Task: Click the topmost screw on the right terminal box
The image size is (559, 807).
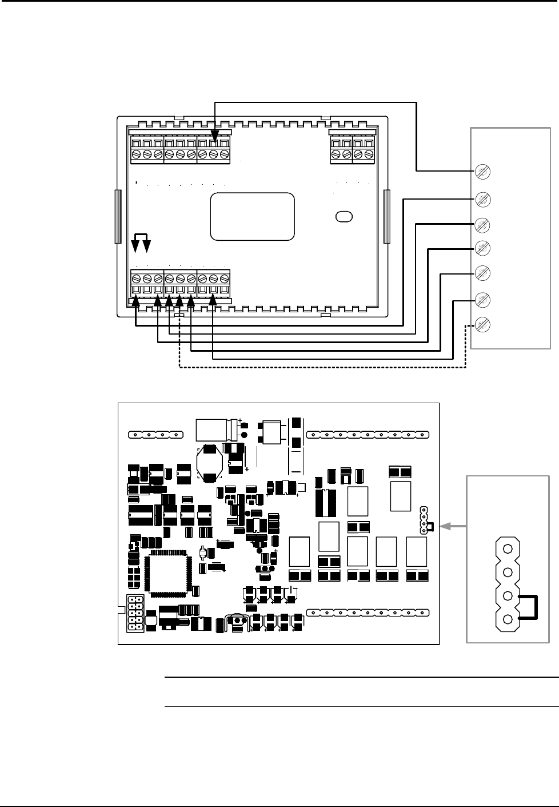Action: pos(483,171)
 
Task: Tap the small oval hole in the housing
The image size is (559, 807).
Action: pos(344,216)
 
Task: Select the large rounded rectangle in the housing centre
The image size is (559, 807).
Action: pos(253,216)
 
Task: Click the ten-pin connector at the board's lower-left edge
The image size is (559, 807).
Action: pos(135,614)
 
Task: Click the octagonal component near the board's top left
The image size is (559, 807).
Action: pos(210,464)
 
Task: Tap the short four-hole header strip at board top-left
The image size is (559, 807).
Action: pos(155,435)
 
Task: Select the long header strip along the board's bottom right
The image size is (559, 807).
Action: pos(368,613)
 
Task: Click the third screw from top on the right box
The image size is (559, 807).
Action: pos(483,224)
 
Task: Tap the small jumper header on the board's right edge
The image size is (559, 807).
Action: pos(424,519)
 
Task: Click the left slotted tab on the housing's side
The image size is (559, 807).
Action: pos(117,217)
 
